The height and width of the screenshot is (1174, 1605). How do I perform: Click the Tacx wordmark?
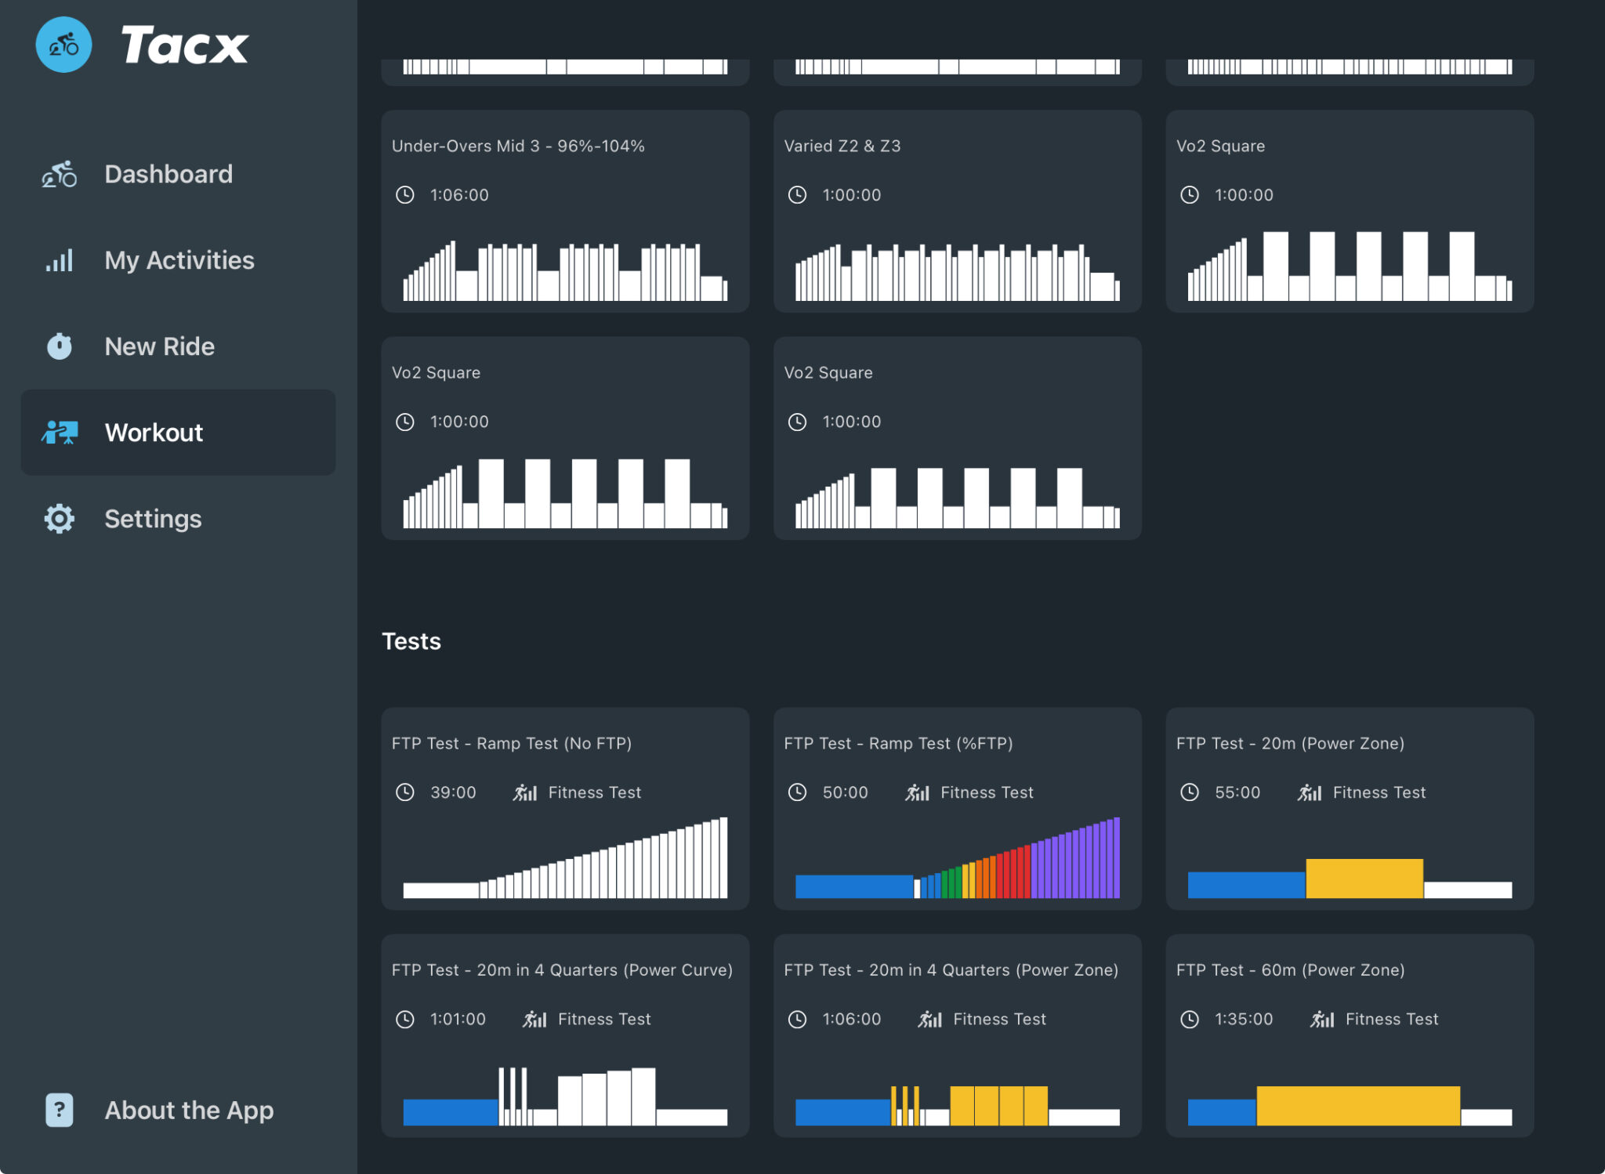185,45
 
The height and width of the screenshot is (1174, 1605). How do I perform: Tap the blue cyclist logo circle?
63,45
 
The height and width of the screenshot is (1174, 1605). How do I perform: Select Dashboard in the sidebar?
168,174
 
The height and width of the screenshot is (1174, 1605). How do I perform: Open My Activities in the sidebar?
179,260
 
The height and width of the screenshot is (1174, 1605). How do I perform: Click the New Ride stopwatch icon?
60,346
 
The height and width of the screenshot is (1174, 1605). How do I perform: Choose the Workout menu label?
154,433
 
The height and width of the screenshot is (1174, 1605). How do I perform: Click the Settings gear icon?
60,519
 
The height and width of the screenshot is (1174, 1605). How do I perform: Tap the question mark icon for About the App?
60,1110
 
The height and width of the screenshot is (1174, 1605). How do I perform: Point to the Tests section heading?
411,641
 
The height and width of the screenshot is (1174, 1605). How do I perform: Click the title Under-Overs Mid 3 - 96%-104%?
518,146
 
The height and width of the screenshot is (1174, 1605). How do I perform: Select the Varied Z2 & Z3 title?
842,146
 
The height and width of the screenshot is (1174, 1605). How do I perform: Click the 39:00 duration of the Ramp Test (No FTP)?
453,792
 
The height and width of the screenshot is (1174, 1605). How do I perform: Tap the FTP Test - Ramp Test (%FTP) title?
898,743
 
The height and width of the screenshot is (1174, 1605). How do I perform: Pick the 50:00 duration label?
845,792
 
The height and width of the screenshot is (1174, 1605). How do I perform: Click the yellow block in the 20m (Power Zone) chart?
1364,878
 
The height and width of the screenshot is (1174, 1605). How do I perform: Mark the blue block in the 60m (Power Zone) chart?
1222,1112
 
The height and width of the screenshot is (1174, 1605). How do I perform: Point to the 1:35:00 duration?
1244,1019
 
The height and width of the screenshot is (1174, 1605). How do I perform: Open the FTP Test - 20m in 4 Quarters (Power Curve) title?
562,969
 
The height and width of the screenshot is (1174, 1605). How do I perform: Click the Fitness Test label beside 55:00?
1379,792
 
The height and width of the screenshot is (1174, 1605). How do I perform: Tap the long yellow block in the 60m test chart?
1358,1105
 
